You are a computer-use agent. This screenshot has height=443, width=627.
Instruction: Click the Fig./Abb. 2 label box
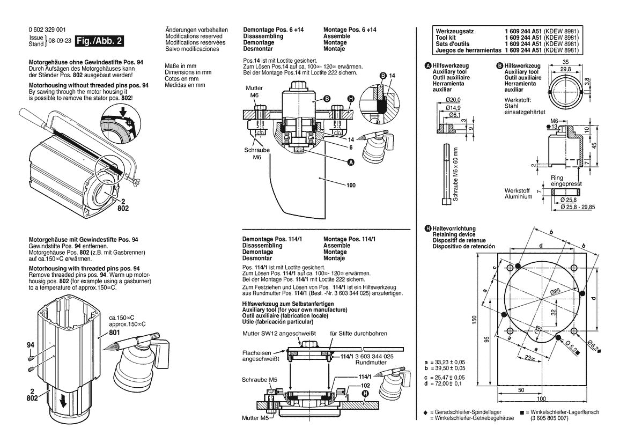(100, 41)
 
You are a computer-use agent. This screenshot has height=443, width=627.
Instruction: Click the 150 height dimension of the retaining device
(474, 319)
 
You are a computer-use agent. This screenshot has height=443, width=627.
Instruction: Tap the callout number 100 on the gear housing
(351, 186)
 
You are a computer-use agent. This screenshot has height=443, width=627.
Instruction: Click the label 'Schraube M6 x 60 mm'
(455, 174)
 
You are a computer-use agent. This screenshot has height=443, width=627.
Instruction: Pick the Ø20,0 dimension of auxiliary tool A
(453, 100)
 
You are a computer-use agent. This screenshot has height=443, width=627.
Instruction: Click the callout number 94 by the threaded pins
(30, 345)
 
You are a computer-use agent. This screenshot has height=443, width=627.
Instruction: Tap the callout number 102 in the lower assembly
(351, 385)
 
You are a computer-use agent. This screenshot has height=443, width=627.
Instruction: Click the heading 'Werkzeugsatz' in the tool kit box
(454, 31)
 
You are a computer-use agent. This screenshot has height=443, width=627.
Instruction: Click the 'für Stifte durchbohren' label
(358, 333)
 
